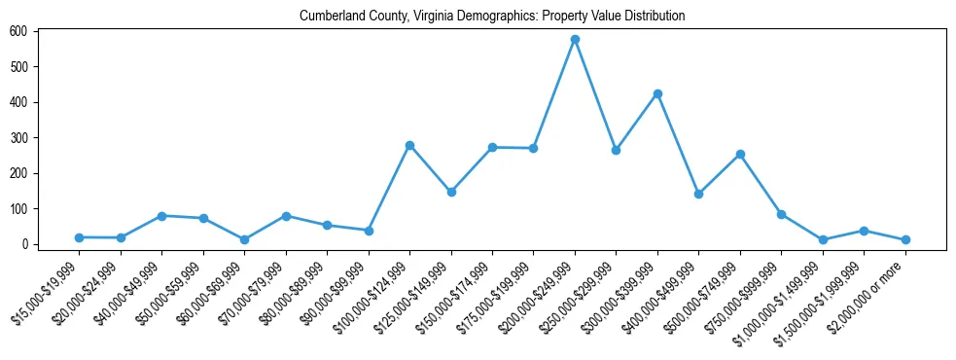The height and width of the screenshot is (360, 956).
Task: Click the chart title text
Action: tap(492, 16)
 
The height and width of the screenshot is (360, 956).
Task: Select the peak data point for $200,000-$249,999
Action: tap(575, 40)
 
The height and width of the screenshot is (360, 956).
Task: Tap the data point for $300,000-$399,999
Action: tap(657, 93)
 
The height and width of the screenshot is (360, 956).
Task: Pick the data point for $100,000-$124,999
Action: tap(409, 145)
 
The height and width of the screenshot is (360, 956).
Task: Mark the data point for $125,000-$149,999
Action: tap(451, 192)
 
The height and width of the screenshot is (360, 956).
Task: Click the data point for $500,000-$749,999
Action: tap(740, 154)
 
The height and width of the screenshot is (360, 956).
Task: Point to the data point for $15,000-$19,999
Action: tap(79, 237)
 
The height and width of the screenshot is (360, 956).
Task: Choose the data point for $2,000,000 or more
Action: tap(905, 239)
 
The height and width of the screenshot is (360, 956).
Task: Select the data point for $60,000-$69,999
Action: tap(244, 239)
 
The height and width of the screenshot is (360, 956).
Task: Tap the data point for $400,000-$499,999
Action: tap(698, 194)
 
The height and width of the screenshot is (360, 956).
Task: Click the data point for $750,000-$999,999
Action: tap(781, 214)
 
